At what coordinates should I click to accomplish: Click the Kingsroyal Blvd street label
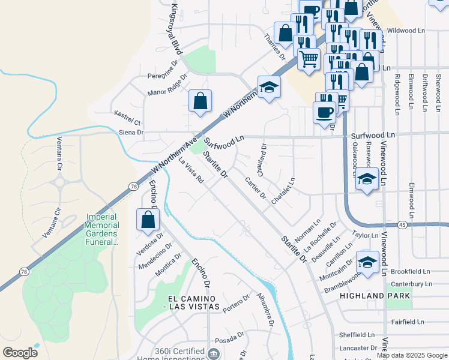coord(176,28)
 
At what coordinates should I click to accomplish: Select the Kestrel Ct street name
coord(127,113)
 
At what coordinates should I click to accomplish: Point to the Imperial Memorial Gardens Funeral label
coord(103,229)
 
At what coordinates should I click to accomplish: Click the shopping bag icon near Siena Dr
coord(200,101)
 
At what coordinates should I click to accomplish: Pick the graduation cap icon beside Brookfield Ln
coord(367,262)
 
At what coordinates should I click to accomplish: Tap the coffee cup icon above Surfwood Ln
coord(325,112)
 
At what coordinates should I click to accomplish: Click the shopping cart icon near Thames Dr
coord(309,59)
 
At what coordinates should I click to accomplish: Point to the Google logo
coord(20,353)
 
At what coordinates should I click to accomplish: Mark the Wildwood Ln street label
coord(406,30)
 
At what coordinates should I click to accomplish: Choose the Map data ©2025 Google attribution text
coord(412,355)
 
